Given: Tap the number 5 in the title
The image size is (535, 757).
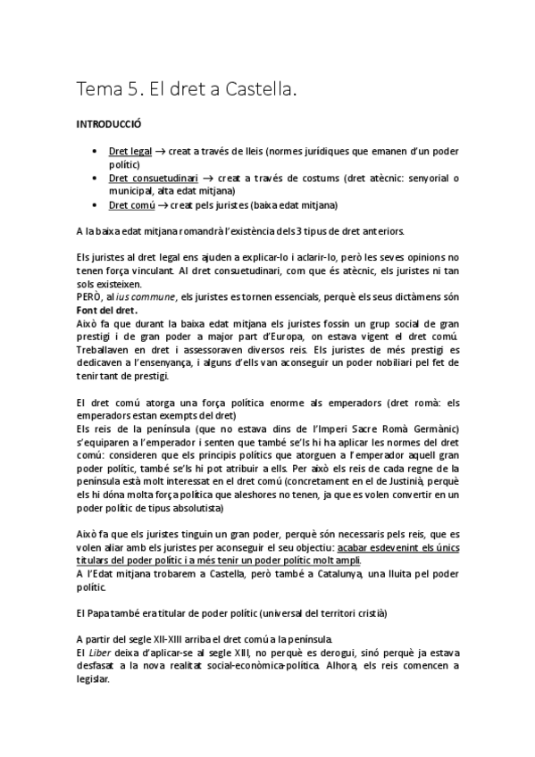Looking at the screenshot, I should [135, 89].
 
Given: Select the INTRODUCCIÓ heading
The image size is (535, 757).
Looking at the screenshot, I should [110, 127].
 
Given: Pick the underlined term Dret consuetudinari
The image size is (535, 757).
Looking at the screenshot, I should [153, 179].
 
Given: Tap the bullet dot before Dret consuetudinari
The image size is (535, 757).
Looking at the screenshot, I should [95, 179].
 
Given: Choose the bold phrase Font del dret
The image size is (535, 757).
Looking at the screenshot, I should [106, 309].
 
